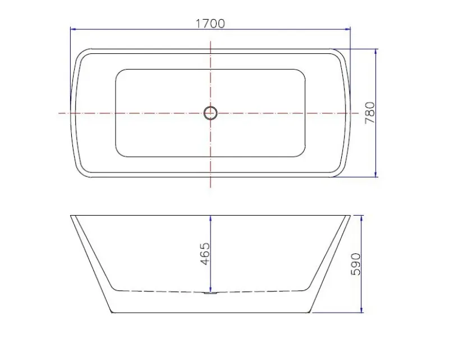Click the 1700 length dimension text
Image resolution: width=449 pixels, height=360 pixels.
210,24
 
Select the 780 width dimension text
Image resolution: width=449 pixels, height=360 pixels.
370,113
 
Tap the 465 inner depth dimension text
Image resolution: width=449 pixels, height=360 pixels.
205,254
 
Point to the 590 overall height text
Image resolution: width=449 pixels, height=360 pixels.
356,264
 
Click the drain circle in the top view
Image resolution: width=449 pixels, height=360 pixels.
210,113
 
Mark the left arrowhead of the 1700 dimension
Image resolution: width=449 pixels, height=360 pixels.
73,29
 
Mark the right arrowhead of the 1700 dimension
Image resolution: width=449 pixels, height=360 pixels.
347,29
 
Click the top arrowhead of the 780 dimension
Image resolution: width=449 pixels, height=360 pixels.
375,52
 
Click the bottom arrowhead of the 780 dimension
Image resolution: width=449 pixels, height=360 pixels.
375,174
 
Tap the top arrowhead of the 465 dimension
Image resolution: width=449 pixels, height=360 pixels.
210,218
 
